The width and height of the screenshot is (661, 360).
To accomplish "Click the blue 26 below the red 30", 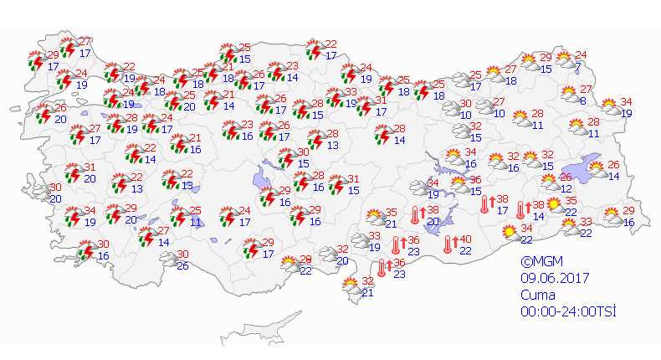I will pyautogui.click(x=182, y=266).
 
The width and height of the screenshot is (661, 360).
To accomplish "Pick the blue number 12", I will pyautogui.click(x=566, y=188).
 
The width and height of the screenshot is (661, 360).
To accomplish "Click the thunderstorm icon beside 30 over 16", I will pyautogui.click(x=85, y=249).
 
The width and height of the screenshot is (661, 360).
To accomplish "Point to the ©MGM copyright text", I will pyautogui.click(x=538, y=262).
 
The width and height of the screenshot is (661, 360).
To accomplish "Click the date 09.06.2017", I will pyautogui.click(x=551, y=278).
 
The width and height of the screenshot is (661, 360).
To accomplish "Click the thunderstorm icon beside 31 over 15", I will pyautogui.click(x=336, y=184).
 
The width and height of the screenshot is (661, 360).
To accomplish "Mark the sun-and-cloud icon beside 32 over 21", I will pyautogui.click(x=351, y=286).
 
